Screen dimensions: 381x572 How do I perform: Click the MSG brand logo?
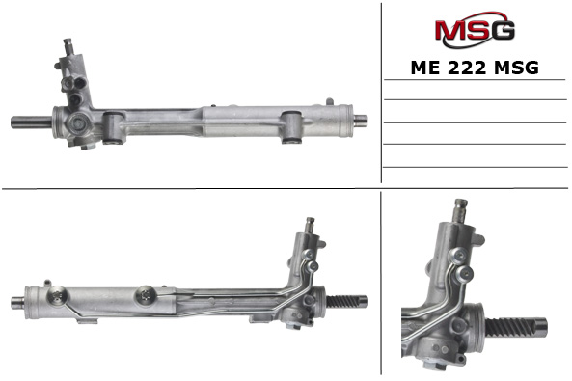point(474,31)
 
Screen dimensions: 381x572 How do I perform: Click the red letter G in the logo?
point(504,31)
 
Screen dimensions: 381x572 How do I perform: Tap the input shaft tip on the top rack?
point(69,45)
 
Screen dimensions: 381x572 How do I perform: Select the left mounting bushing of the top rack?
point(114,124)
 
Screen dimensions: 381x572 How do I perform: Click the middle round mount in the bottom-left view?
point(148,293)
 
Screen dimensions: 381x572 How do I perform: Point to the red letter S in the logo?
point(477,31)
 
